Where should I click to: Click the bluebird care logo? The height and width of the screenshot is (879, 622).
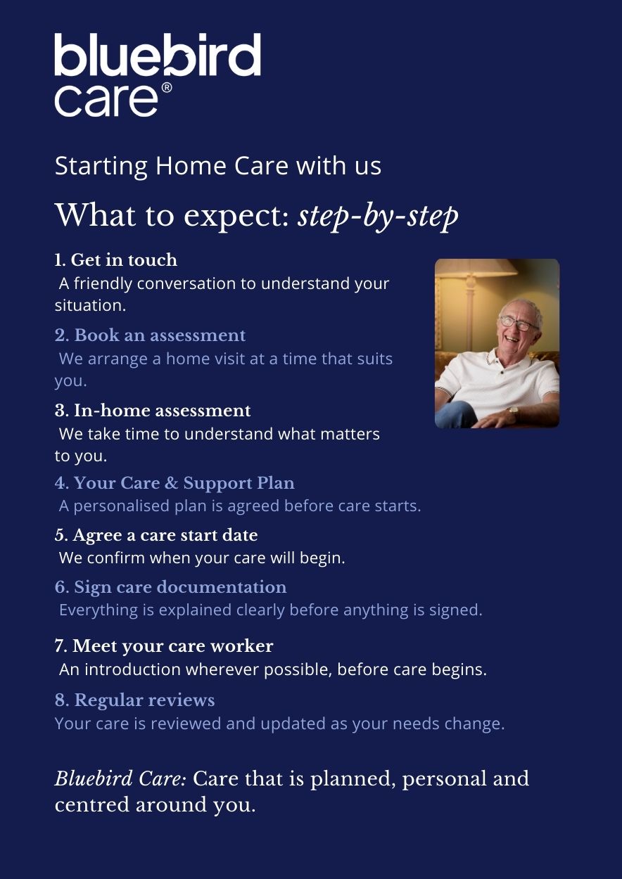[x=157, y=74]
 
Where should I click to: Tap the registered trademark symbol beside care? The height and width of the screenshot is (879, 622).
[x=167, y=88]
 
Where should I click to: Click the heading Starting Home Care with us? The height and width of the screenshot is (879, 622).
[x=218, y=167]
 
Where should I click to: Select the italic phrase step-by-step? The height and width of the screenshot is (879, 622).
[x=378, y=215]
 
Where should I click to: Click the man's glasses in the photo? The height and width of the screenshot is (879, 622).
[x=519, y=324]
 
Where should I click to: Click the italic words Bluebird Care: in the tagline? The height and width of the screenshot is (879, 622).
[x=120, y=779]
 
